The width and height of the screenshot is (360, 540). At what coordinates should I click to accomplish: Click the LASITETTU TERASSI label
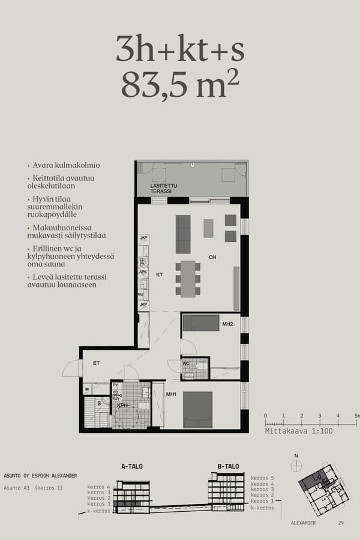[x=164, y=188]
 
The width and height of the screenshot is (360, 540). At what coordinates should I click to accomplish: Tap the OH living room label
[x=212, y=258]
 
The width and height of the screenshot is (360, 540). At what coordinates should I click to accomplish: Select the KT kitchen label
[x=160, y=275]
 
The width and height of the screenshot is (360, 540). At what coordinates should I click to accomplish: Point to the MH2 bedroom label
[x=227, y=325]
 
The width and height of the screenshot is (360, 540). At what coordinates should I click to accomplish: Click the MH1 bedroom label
[x=171, y=394]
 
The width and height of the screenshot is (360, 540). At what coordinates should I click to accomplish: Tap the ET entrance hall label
[x=96, y=362]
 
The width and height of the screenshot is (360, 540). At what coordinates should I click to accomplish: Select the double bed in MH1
[x=198, y=409]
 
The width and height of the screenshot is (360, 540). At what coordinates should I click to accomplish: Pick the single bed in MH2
[x=201, y=323]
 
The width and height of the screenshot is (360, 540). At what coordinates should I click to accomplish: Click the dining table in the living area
[x=188, y=278]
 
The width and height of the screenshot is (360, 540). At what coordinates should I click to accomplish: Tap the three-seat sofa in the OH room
[x=183, y=234]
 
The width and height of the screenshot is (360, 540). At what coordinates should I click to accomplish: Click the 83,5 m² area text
[x=180, y=85]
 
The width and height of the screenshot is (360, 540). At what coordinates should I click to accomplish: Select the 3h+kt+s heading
[x=180, y=49]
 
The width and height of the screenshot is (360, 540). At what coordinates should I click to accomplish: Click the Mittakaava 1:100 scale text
[x=298, y=431]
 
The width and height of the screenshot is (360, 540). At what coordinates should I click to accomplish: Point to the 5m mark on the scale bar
[x=356, y=416]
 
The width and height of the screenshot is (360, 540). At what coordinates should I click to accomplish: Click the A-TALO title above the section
[x=132, y=466]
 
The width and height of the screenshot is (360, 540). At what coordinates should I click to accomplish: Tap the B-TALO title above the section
[x=228, y=466]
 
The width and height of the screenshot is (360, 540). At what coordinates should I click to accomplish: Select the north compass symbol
[x=295, y=464]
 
